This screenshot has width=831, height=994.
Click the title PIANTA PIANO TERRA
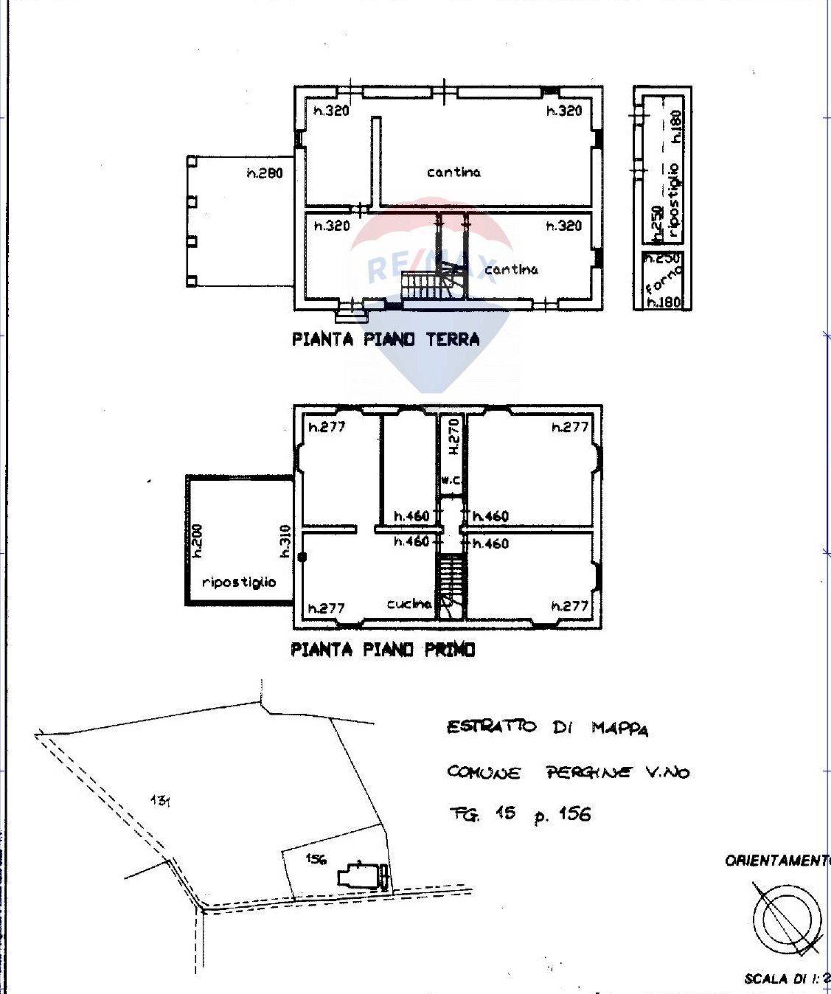(386, 339)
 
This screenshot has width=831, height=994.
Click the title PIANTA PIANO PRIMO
(383, 650)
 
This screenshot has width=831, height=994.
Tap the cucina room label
(409, 604)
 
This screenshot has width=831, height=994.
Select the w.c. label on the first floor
(451, 480)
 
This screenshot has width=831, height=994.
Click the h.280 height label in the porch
(264, 174)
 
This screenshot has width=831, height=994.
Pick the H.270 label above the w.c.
(453, 437)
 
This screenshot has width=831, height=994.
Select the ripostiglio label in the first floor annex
(238, 582)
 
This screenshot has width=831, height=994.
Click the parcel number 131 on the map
(160, 799)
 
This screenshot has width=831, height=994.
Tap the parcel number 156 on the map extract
(316, 858)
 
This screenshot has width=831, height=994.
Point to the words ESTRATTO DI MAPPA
(547, 728)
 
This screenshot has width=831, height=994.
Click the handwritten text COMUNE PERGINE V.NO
(568, 772)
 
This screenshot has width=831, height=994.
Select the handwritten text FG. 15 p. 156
(520, 814)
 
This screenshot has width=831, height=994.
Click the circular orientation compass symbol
(787, 918)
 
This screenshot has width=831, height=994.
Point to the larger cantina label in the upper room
(453, 172)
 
